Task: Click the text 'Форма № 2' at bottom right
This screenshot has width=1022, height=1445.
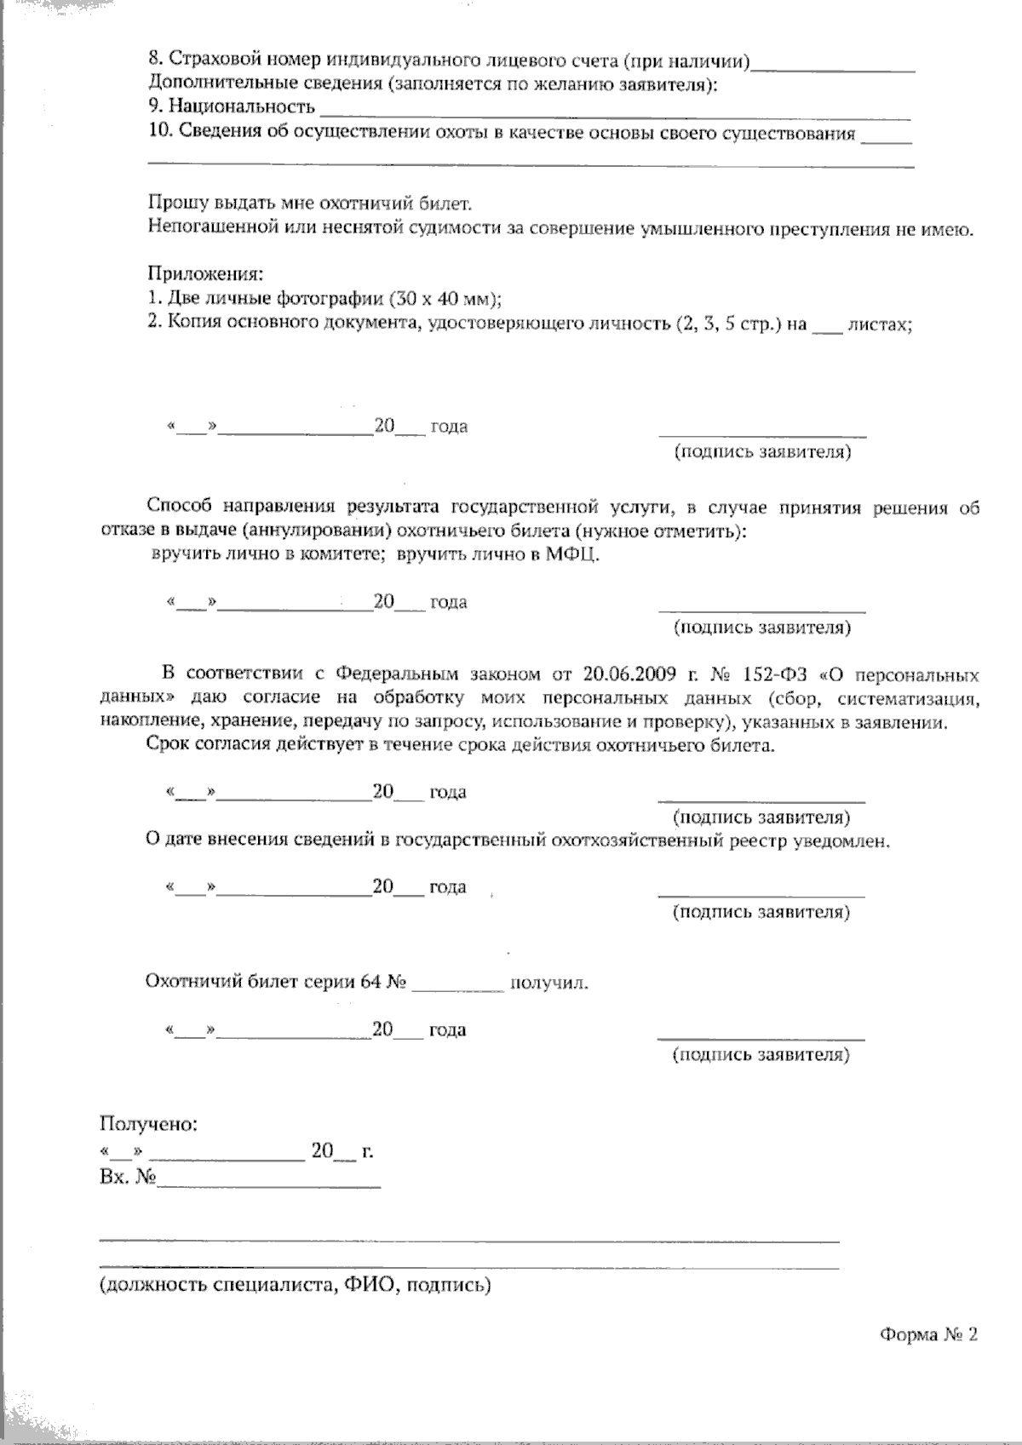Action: [x=929, y=1334]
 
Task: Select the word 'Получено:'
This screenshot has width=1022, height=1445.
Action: [x=149, y=1124]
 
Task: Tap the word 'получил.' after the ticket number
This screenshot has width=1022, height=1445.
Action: [x=549, y=983]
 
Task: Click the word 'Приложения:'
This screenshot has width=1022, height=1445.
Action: [x=205, y=275]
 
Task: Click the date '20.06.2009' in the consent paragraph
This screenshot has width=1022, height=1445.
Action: [x=633, y=674]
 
